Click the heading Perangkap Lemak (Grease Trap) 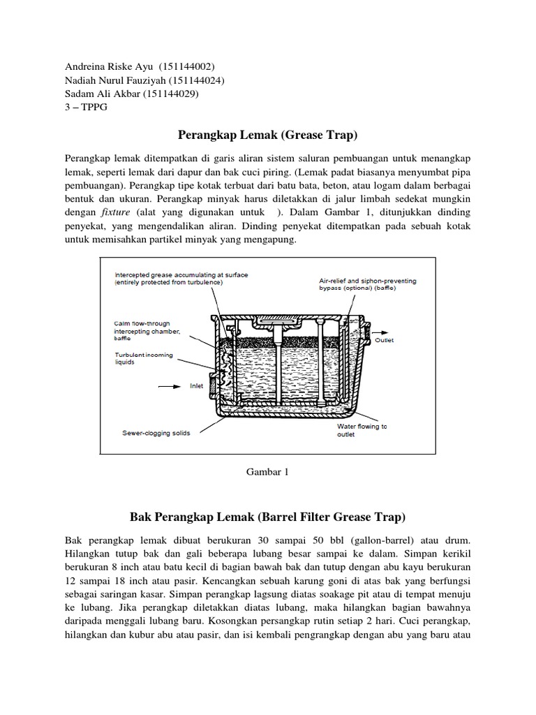point(269,133)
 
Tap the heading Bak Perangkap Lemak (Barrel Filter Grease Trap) point(268,517)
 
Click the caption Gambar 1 point(268,471)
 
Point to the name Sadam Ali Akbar point(101,94)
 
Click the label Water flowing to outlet point(362,430)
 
